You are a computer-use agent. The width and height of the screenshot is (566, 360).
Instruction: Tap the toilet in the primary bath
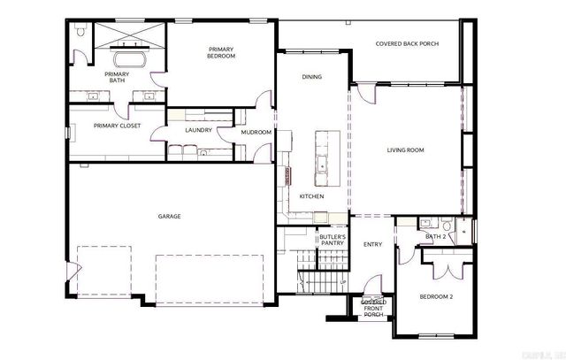click(x=80, y=32)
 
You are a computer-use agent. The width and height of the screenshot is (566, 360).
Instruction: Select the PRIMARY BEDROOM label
click(x=221, y=52)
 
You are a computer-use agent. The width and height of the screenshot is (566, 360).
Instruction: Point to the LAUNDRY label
click(x=198, y=130)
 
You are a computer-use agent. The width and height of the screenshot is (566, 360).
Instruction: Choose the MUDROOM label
click(x=256, y=132)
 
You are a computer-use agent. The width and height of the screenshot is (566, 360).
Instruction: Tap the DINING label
click(x=311, y=77)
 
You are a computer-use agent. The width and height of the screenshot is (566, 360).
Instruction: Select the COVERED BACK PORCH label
click(x=407, y=43)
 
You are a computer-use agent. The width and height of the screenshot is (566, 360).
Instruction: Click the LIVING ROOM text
click(x=405, y=150)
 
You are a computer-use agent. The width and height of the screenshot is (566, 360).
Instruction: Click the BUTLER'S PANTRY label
click(x=332, y=241)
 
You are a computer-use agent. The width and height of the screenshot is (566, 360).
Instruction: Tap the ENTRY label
click(x=372, y=244)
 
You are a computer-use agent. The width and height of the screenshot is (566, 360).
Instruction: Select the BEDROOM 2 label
click(x=435, y=297)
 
